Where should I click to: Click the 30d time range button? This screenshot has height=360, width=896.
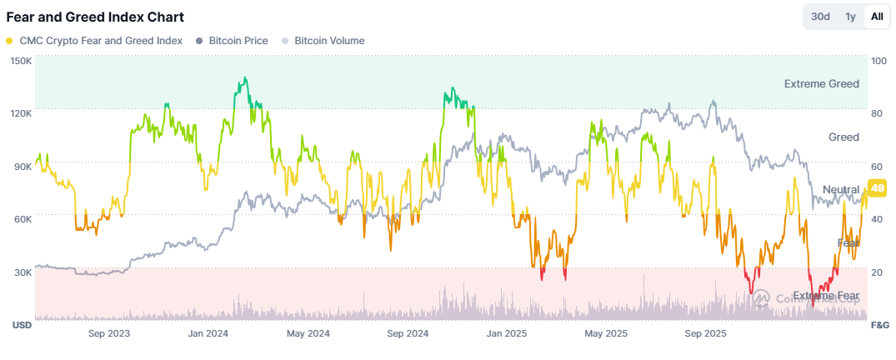click(x=820, y=17)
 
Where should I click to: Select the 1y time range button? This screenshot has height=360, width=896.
click(x=849, y=17)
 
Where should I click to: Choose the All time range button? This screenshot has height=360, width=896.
click(x=877, y=17)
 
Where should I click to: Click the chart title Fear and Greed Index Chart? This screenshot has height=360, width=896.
click(x=95, y=17)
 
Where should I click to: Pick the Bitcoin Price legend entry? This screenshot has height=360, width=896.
click(x=232, y=40)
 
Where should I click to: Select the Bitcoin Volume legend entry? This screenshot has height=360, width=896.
click(x=323, y=40)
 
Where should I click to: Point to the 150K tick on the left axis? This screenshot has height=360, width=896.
click(x=21, y=61)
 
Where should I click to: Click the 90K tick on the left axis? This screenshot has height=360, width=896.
click(x=23, y=167)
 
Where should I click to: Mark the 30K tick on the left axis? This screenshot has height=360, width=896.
click(x=23, y=272)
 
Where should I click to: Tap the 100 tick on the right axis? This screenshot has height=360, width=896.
click(x=878, y=61)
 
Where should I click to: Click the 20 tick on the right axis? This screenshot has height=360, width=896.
click(x=876, y=272)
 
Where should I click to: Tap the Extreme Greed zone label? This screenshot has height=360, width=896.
click(x=821, y=84)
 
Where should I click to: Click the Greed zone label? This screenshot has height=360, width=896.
click(x=843, y=137)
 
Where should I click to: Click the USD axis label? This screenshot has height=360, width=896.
click(x=21, y=324)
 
